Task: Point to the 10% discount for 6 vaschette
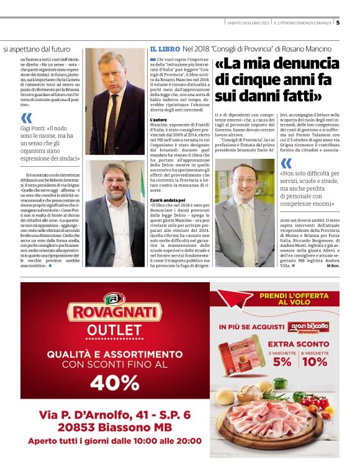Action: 315,361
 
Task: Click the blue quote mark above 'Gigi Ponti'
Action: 26,118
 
